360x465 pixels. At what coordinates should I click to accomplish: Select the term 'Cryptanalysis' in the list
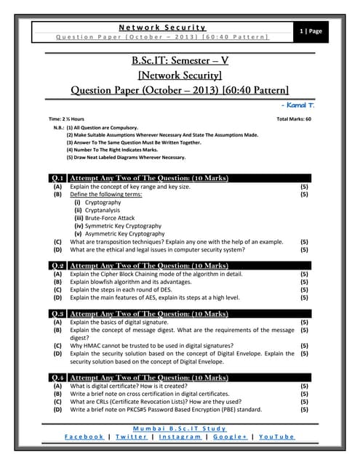(101, 210)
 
